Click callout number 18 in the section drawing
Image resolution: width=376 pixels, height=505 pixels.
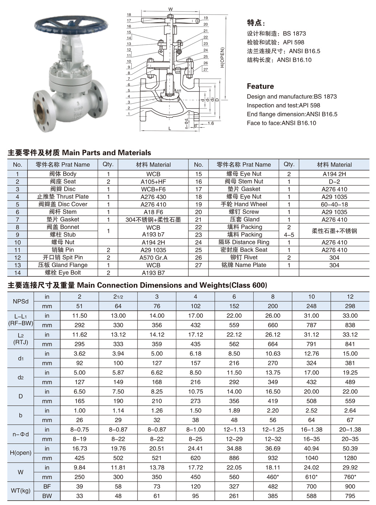(x=129, y=15)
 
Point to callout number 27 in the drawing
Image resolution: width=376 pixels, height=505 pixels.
(x=205, y=69)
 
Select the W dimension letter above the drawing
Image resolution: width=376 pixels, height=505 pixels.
(x=171, y=9)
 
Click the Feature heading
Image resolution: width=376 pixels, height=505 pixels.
(x=260, y=86)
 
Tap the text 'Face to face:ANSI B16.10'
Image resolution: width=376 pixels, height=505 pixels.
(x=281, y=123)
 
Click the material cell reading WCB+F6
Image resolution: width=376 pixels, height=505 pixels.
(x=153, y=189)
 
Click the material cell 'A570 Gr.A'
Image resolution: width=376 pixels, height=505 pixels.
(x=153, y=258)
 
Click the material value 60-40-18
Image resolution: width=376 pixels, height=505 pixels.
(x=334, y=204)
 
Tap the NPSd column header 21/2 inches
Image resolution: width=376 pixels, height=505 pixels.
(x=118, y=297)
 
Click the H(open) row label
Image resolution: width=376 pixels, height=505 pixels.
(x=20, y=453)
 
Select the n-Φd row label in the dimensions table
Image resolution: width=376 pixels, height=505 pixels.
(x=20, y=434)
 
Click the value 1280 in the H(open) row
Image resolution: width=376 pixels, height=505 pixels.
(x=350, y=458)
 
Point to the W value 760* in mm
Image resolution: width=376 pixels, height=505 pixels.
(x=350, y=477)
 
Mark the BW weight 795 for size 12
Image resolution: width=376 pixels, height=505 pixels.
(x=350, y=496)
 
